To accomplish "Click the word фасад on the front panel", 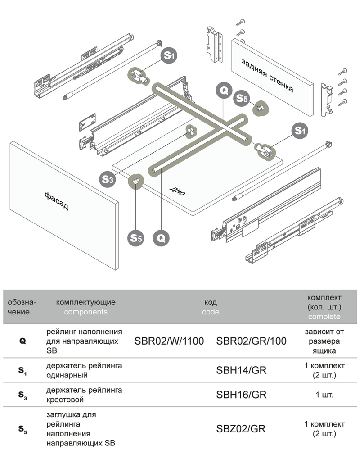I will pos(57,201).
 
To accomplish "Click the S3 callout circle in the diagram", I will pos(108,179).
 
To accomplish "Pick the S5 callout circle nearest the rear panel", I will pos(242,99).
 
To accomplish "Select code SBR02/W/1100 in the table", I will pos(169,341).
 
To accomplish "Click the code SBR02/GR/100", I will pos(251,341).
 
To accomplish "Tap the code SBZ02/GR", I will pos(241,428).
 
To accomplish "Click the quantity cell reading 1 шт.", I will pos(324,395).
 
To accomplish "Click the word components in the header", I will pos(85,312).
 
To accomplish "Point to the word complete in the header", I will pos(324,317).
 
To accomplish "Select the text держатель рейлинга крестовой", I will pos(84,395).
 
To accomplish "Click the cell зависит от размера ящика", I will pos(324,341).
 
